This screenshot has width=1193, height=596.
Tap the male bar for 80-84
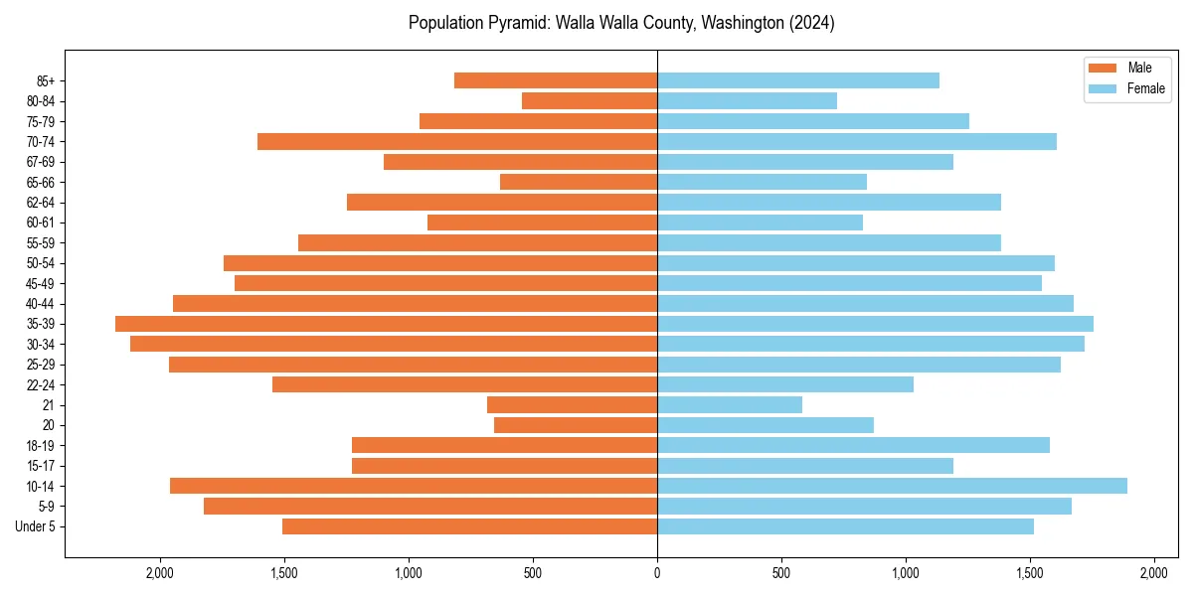pyautogui.click(x=590, y=100)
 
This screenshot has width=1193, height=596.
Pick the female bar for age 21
pyautogui.click(x=729, y=404)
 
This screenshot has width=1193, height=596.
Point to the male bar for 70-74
pyautogui.click(x=457, y=141)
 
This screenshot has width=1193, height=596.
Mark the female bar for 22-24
pyautogui.click(x=784, y=384)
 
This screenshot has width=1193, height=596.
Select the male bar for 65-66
pyautogui.click(x=579, y=182)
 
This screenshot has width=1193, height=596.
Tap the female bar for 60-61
pyautogui.click(x=760, y=223)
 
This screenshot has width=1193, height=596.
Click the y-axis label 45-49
pyautogui.click(x=41, y=283)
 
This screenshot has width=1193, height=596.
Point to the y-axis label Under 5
pyautogui.click(x=35, y=526)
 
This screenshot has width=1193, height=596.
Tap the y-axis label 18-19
pyautogui.click(x=41, y=445)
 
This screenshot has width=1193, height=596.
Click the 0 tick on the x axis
pyautogui.click(x=657, y=573)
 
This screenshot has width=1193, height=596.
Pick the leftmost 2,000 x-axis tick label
pyautogui.click(x=160, y=573)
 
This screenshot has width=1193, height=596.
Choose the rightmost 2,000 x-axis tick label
pyautogui.click(x=1153, y=573)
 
